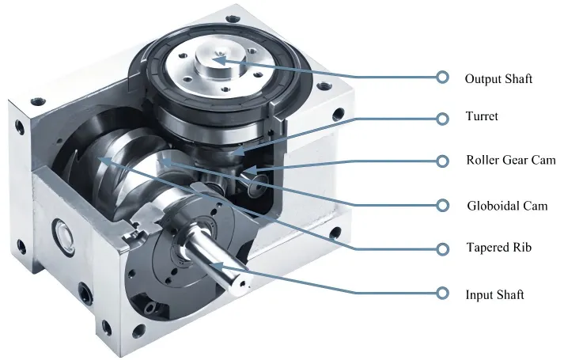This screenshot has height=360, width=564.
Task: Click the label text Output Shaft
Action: pyautogui.click(x=498, y=79)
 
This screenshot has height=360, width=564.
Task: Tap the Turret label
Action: pyautogui.click(x=482, y=116)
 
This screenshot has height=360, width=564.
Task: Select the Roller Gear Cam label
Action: pyautogui.click(x=511, y=160)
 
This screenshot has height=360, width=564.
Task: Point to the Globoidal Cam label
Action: pyautogui.click(x=507, y=206)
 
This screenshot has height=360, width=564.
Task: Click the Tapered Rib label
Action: pyautogui.click(x=499, y=248)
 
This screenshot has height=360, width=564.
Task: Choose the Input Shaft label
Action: pyautogui.click(x=494, y=294)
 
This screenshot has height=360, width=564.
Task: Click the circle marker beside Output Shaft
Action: pyautogui.click(x=442, y=78)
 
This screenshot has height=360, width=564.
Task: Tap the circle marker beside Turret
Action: pyautogui.click(x=442, y=119)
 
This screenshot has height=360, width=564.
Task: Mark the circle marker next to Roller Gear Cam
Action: pyautogui.click(x=442, y=161)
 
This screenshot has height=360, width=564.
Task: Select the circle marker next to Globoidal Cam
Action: pyautogui.click(x=442, y=206)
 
